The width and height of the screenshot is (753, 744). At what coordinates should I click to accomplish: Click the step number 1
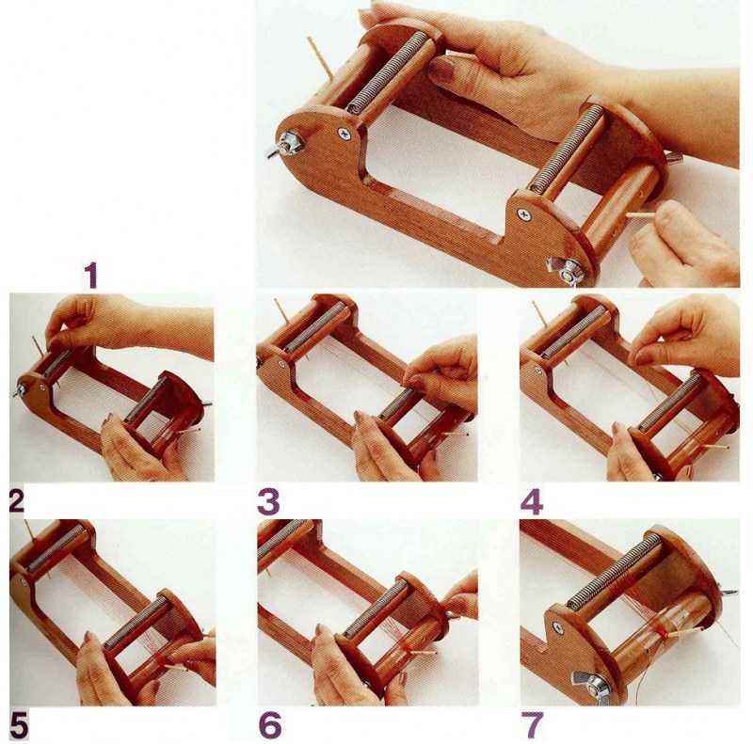pos(91,275)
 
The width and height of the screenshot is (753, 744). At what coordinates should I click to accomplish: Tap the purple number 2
pos(16,501)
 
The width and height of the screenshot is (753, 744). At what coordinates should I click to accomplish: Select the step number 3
pos(268,501)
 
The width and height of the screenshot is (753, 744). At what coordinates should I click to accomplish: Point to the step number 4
pos(532,501)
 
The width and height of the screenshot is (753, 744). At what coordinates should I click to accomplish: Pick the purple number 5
pos(19,725)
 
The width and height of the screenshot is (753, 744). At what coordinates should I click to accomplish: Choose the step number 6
pos(269,725)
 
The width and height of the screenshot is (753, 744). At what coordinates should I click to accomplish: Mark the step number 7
pos(533,725)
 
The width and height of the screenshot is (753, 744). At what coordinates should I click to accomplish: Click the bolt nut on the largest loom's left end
pos(289,144)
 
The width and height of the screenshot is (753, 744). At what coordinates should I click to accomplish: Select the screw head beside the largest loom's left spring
pos(344,134)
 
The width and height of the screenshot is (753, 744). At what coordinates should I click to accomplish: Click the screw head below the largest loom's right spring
pos(524,214)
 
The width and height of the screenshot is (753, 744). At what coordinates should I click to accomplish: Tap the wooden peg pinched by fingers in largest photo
pos(642,216)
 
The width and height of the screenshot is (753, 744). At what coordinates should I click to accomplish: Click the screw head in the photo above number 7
pos(557,626)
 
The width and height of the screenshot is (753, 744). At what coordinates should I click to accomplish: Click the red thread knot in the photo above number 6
pos(407,649)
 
